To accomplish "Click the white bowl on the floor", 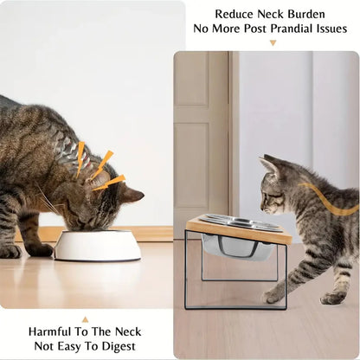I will click(97, 246).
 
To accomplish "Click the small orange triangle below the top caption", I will click(273, 42).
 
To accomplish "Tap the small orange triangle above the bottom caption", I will click(85, 318).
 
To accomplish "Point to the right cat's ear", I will click(269, 164).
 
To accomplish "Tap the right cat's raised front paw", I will click(274, 295).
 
